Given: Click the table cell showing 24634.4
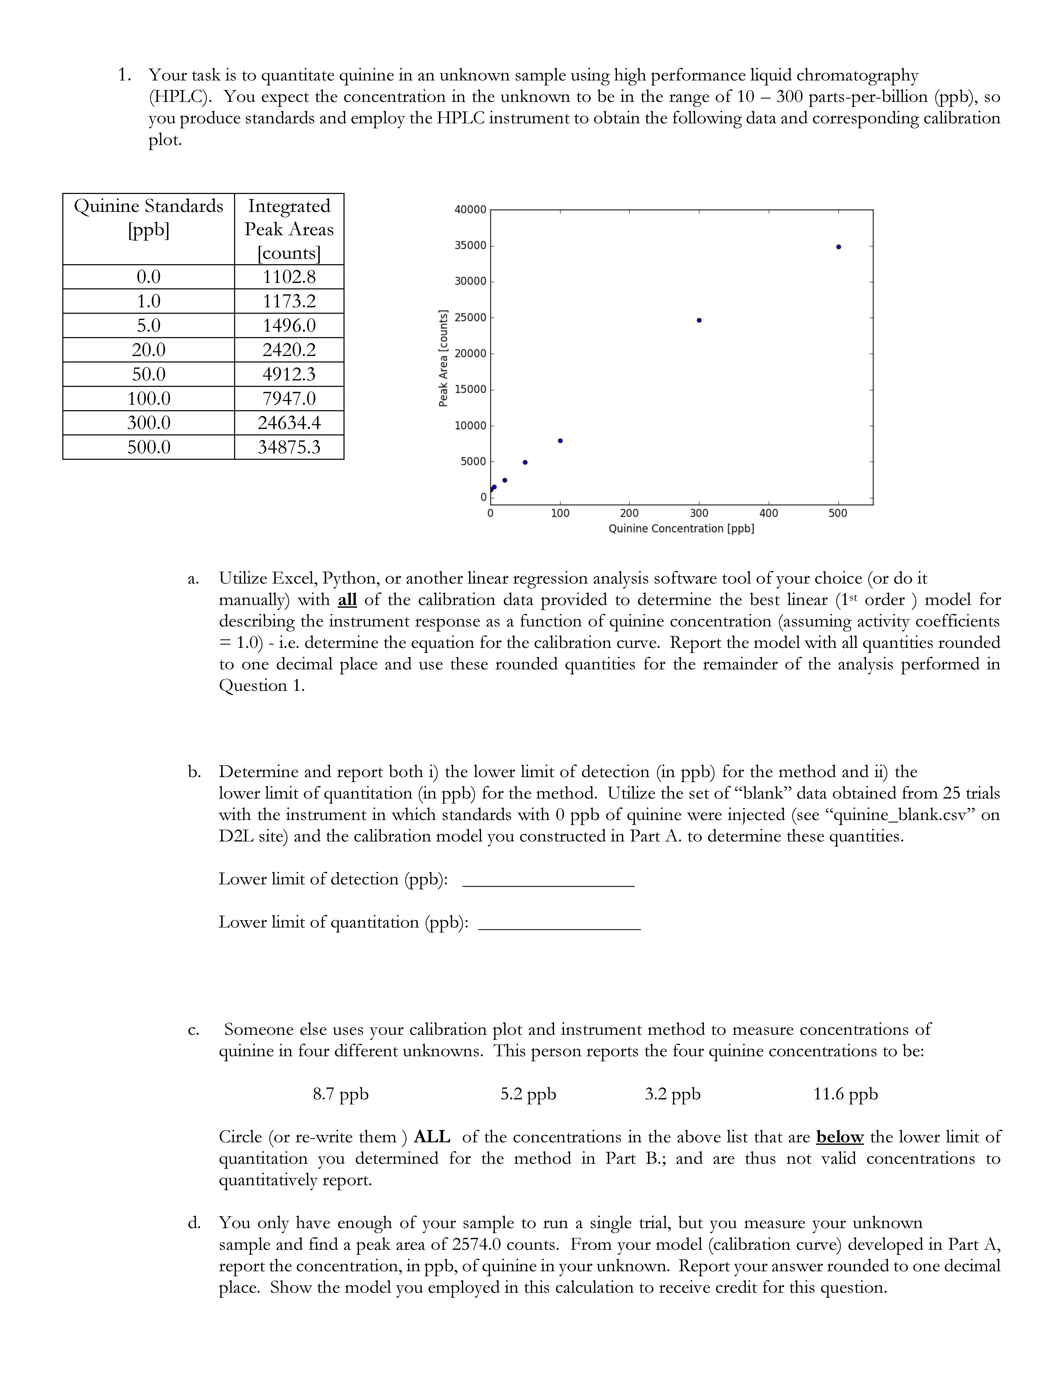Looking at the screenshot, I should (289, 422).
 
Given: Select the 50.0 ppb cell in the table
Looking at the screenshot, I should (149, 374).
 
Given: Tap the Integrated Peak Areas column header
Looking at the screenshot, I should (289, 229).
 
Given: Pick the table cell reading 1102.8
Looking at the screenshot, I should (289, 276).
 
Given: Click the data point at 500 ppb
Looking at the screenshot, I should (838, 247).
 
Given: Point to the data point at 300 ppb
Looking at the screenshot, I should (699, 320).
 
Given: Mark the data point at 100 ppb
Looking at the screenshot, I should (560, 441).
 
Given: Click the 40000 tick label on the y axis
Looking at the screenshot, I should (470, 210).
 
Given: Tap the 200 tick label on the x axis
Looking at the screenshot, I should (629, 513).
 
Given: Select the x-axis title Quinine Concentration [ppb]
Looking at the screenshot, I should (681, 529).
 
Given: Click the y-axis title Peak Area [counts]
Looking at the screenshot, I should (443, 358).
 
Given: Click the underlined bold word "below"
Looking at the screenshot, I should (839, 1137).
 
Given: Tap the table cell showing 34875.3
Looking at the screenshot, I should (289, 447).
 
